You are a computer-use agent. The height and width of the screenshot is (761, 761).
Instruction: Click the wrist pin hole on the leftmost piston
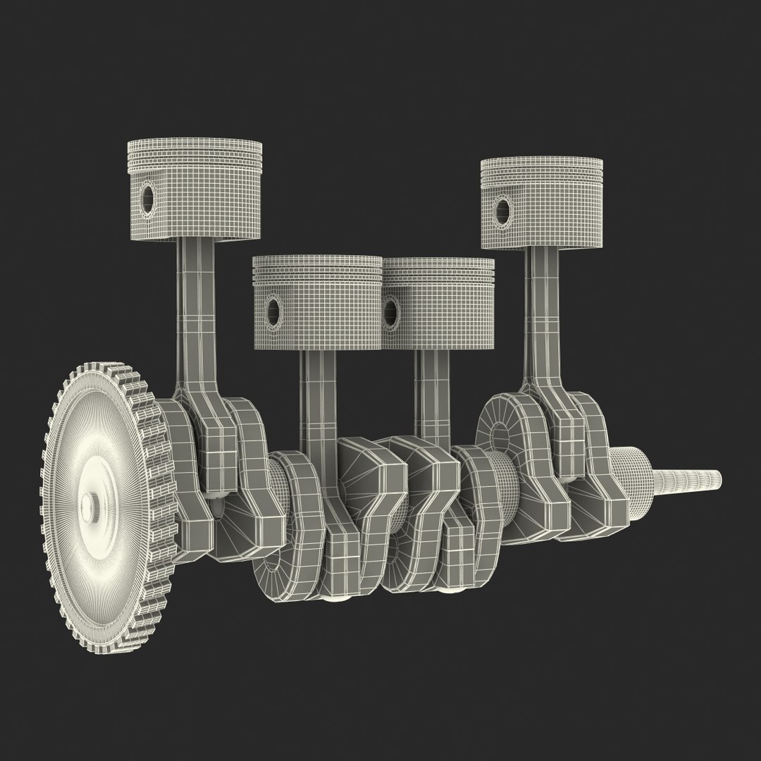(x=147, y=197)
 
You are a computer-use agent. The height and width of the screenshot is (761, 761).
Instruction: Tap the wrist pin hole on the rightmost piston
(x=502, y=208)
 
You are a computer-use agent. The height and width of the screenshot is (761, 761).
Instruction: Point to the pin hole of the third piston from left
(x=390, y=311)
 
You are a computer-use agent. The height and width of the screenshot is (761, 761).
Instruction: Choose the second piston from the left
(x=317, y=303)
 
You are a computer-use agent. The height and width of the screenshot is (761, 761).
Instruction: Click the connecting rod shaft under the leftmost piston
(x=193, y=310)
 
